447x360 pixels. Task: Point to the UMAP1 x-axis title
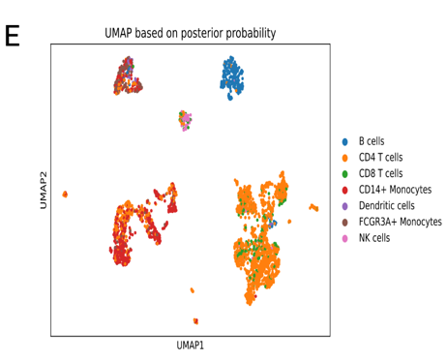point(191,345)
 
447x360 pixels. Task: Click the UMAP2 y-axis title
point(43,192)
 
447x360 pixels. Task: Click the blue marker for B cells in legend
point(345,141)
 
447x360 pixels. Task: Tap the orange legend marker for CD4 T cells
point(345,158)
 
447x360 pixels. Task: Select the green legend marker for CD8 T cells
point(345,173)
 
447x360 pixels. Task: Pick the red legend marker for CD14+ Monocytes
point(345,190)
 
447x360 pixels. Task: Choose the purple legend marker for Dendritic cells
point(345,205)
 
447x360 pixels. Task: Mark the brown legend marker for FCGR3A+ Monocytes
point(345,222)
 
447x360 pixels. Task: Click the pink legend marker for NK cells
point(345,237)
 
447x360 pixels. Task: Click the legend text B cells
point(372,141)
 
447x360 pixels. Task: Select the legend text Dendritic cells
point(386,205)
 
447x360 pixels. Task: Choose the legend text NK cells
point(374,237)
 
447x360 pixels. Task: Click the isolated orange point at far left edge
point(65,195)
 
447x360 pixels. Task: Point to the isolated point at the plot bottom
point(196,320)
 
